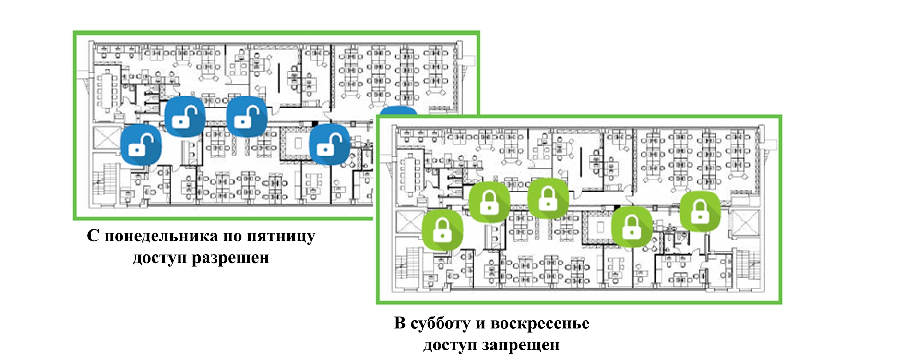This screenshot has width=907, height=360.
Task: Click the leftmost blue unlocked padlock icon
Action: coord(141,145)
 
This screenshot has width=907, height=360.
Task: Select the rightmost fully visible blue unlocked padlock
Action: coord(329,144)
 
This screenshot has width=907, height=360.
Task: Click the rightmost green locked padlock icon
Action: coord(700,211)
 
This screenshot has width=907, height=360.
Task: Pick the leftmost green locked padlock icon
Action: coord(442,229)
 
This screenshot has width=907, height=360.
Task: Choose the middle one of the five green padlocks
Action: coord(548,198)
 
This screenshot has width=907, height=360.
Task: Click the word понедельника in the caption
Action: coord(161,236)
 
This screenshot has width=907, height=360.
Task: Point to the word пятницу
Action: coord(281,236)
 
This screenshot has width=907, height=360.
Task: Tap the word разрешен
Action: coord(230,258)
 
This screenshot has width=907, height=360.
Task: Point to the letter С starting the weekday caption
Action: coord(93,236)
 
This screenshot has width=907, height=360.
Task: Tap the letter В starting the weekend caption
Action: coord(400,324)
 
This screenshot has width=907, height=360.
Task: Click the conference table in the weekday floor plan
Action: coord(107,90)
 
